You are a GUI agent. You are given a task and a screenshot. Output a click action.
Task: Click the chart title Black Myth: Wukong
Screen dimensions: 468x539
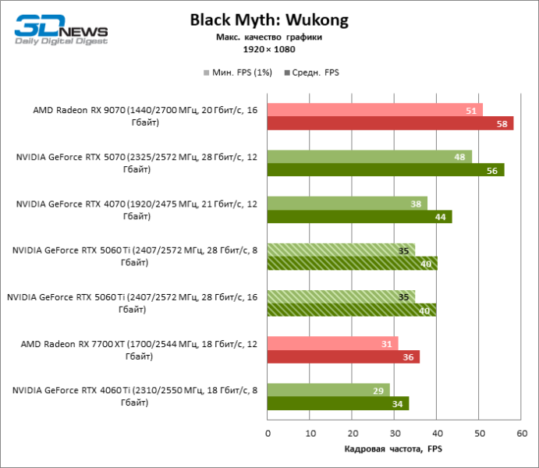pyautogui.click(x=269, y=19)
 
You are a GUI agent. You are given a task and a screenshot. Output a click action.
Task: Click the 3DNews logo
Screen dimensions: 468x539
pyautogui.click(x=61, y=28)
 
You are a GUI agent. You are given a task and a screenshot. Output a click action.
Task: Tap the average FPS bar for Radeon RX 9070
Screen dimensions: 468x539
pyautogui.click(x=390, y=123)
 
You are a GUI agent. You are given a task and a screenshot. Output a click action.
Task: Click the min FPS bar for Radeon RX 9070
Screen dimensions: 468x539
pyautogui.click(x=374, y=110)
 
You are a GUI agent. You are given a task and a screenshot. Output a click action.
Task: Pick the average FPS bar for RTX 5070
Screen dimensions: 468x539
pyautogui.click(x=385, y=170)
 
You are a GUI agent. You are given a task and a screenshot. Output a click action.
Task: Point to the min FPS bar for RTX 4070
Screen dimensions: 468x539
pyautogui.click(x=347, y=204)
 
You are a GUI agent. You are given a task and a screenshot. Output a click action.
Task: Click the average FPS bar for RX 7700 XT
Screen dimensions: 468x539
pyautogui.click(x=343, y=356)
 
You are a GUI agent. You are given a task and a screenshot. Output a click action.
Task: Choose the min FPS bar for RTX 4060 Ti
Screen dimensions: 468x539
pyautogui.click(x=328, y=390)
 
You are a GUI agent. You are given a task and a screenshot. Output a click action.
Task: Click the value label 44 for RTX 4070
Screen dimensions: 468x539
pyautogui.click(x=440, y=217)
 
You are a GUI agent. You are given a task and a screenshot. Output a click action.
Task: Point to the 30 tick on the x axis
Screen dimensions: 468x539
pyautogui.click(x=395, y=433)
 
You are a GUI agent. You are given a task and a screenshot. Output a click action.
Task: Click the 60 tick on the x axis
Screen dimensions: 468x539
pyautogui.click(x=522, y=433)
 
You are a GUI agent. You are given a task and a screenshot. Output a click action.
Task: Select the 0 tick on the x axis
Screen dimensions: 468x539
pyautogui.click(x=268, y=433)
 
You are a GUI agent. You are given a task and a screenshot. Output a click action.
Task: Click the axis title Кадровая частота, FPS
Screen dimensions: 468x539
pyautogui.click(x=393, y=450)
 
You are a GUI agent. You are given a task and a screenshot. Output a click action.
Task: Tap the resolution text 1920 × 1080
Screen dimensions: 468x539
pyautogui.click(x=268, y=50)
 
